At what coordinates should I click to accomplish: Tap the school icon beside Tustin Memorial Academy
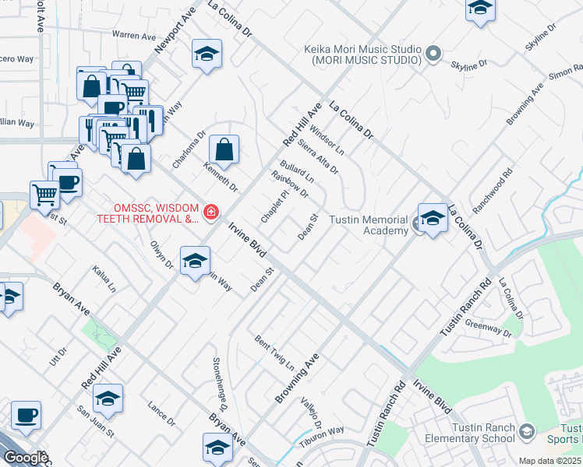click(433, 217)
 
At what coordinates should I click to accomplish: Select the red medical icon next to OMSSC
click(210, 212)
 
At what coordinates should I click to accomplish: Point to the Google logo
click(26, 458)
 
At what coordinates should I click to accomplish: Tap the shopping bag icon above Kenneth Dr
click(224, 150)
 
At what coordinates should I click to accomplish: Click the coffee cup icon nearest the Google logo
click(26, 416)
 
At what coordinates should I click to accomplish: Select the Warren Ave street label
click(133, 36)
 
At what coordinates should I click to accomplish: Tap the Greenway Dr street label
click(488, 328)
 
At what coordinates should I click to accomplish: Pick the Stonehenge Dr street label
click(219, 384)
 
